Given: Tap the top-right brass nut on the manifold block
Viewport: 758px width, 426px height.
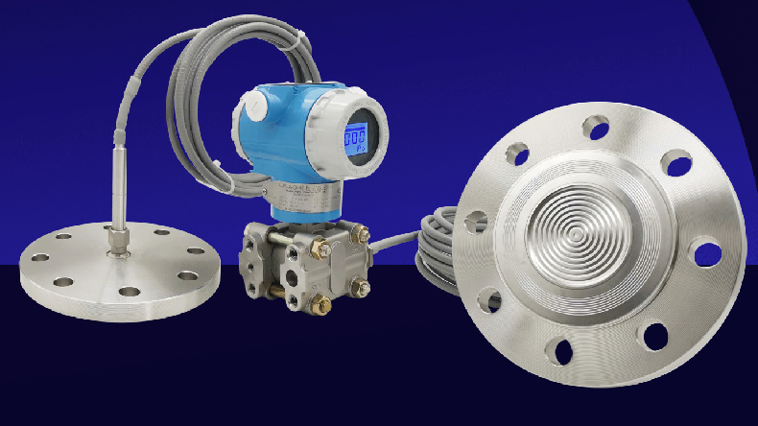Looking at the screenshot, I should pyautogui.click(x=361, y=233).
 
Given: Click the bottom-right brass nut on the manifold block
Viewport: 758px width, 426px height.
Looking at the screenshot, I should pyautogui.click(x=358, y=285).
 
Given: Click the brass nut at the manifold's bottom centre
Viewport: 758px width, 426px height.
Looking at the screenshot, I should pyautogui.click(x=322, y=306).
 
